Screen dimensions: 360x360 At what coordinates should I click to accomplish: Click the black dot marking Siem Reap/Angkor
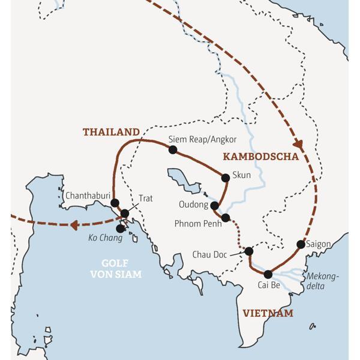[x=173, y=149]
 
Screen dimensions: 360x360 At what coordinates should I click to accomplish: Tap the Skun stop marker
[x=226, y=177]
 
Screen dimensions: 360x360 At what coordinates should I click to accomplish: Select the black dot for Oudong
[x=214, y=205]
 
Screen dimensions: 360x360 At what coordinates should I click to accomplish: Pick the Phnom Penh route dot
[x=226, y=218]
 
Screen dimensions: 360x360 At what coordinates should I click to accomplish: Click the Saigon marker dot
[x=301, y=244]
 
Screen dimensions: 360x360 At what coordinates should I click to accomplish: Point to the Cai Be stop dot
[x=268, y=274]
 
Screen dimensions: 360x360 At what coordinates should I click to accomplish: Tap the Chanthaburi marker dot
[x=115, y=203]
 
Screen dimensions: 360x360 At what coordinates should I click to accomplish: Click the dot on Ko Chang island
[x=121, y=228]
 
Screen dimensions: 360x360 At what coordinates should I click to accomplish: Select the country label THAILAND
[x=111, y=132]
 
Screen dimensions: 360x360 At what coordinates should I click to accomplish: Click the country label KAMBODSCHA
[x=260, y=157]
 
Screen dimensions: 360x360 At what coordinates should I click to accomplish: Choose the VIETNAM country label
[x=268, y=313]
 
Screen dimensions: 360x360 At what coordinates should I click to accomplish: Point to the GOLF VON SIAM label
[x=116, y=269]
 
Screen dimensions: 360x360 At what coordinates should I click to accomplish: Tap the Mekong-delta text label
[x=323, y=281]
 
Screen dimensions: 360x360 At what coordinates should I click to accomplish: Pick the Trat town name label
[x=146, y=197]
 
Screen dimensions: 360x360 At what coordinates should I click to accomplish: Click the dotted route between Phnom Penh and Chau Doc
[x=239, y=235]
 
